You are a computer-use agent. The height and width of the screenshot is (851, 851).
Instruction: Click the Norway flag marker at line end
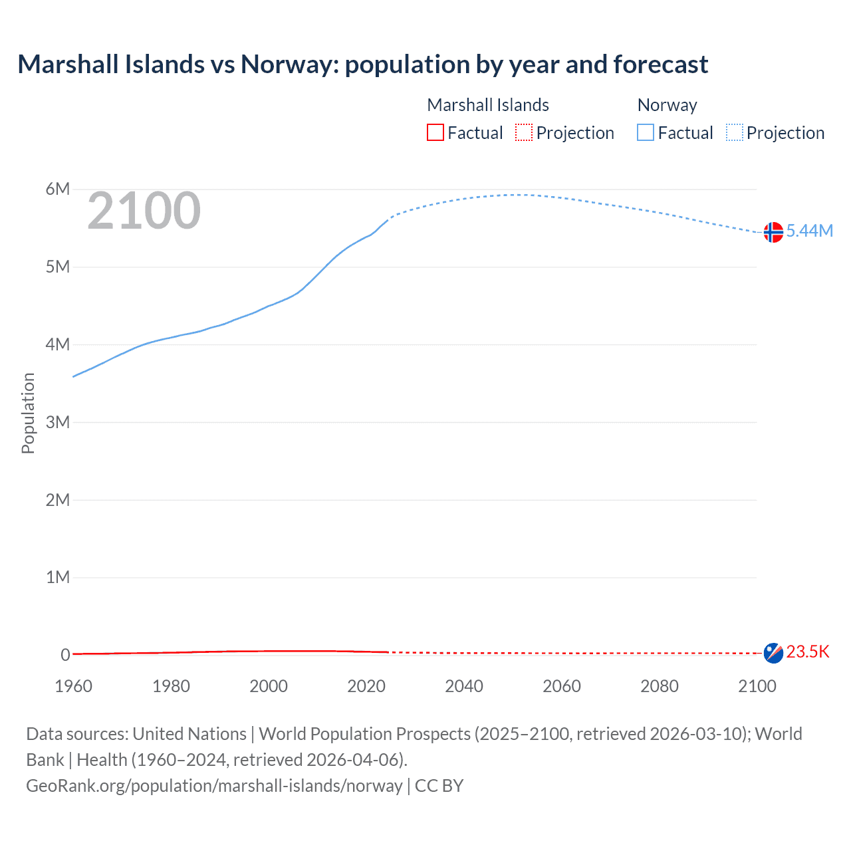[x=773, y=232]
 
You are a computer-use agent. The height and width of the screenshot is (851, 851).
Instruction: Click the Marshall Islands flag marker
[x=773, y=653]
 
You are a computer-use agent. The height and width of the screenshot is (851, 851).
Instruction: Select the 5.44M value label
[x=809, y=231]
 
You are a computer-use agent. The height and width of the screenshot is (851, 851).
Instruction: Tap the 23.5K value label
[x=808, y=652]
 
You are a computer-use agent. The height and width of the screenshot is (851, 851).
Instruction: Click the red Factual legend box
[x=435, y=133]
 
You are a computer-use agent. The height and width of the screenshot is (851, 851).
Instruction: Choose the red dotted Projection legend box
[x=524, y=133]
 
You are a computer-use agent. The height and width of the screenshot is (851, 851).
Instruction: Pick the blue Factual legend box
[x=646, y=133]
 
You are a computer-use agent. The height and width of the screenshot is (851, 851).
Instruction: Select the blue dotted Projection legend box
[x=735, y=133]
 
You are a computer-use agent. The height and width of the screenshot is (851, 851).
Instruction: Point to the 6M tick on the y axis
[x=58, y=189]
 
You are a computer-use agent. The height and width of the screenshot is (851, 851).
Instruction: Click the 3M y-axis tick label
[x=58, y=422]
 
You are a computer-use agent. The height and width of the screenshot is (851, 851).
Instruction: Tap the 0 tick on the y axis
[x=65, y=655]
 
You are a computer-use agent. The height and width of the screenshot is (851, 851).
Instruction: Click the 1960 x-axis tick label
[x=73, y=686]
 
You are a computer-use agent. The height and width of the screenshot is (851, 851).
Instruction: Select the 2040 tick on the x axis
[x=464, y=686]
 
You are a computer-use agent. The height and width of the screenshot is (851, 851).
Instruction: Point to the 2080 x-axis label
[x=660, y=686]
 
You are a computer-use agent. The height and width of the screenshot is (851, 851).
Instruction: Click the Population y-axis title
[x=28, y=413]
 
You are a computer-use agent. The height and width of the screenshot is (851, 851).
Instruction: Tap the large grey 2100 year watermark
[x=144, y=211]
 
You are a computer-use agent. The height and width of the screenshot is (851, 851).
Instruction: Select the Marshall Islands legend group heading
[x=488, y=105]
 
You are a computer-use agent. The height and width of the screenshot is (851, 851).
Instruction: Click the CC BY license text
[x=439, y=786]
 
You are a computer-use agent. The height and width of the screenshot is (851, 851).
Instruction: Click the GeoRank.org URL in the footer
[x=214, y=786]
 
